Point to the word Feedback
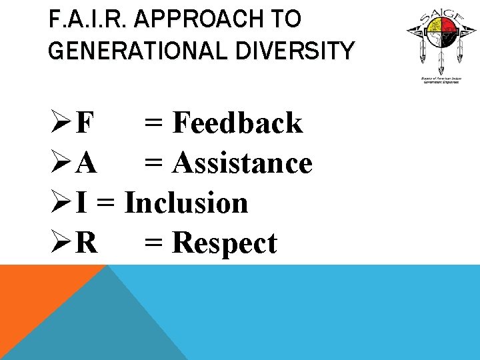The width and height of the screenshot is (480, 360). [237, 123]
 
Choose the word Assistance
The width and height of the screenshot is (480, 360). [242, 163]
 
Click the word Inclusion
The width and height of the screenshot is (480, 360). [186, 203]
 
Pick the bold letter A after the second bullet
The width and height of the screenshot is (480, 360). [86, 163]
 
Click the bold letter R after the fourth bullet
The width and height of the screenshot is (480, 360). [86, 243]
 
